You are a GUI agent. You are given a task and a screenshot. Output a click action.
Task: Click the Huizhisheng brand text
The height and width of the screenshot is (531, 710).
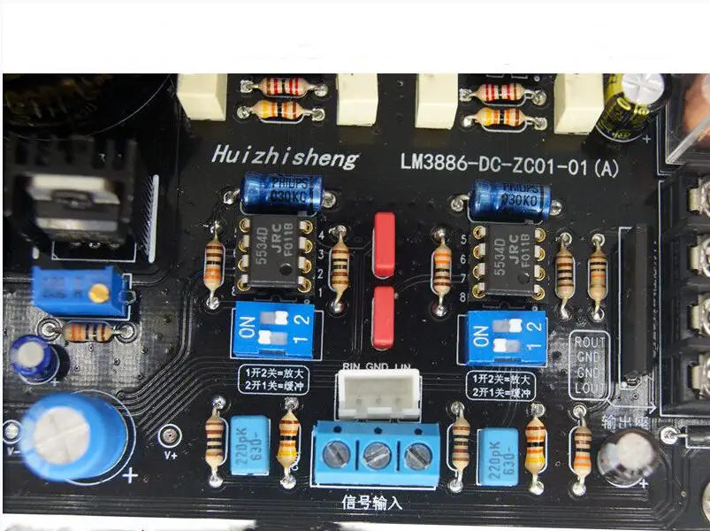click(285, 158)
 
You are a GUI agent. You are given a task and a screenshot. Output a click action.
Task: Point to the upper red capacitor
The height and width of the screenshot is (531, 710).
click(384, 243)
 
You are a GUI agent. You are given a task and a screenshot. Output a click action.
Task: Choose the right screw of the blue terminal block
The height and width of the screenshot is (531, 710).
click(416, 456)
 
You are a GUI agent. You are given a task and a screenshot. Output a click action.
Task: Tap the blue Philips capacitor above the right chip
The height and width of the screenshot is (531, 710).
click(511, 198)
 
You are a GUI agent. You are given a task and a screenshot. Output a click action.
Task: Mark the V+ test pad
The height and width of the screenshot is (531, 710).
click(168, 436)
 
